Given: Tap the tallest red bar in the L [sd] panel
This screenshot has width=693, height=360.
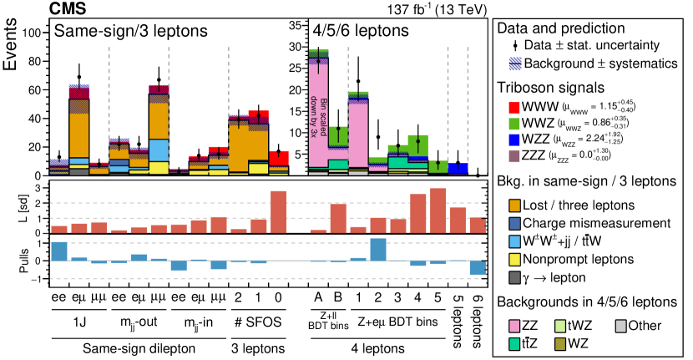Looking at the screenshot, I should [438, 210].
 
